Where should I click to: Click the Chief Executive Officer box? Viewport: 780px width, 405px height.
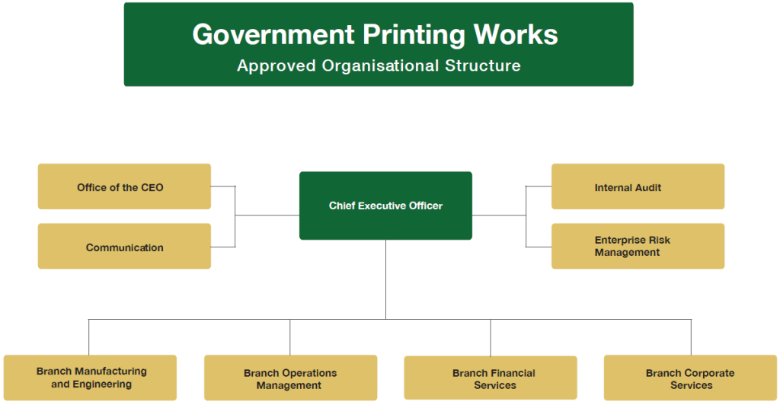click(x=385, y=206)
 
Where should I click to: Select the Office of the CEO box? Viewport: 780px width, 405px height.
click(x=124, y=187)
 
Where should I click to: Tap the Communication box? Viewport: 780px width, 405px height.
click(x=124, y=247)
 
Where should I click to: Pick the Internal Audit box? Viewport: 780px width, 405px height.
click(x=638, y=187)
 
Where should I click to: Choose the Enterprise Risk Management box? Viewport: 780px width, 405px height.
click(x=638, y=246)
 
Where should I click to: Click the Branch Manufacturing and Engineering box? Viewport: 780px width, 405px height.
click(x=90, y=378)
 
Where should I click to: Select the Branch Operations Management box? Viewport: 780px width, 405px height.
click(x=290, y=378)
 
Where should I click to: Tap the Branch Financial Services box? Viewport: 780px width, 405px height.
click(x=491, y=378)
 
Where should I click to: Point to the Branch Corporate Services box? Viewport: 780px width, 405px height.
click(x=690, y=378)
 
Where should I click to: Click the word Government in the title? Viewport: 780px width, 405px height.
click(x=273, y=35)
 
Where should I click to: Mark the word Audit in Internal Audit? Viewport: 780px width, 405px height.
click(x=647, y=187)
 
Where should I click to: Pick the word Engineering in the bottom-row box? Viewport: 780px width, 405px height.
click(x=100, y=384)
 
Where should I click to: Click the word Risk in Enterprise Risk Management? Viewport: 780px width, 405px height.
click(x=659, y=241)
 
